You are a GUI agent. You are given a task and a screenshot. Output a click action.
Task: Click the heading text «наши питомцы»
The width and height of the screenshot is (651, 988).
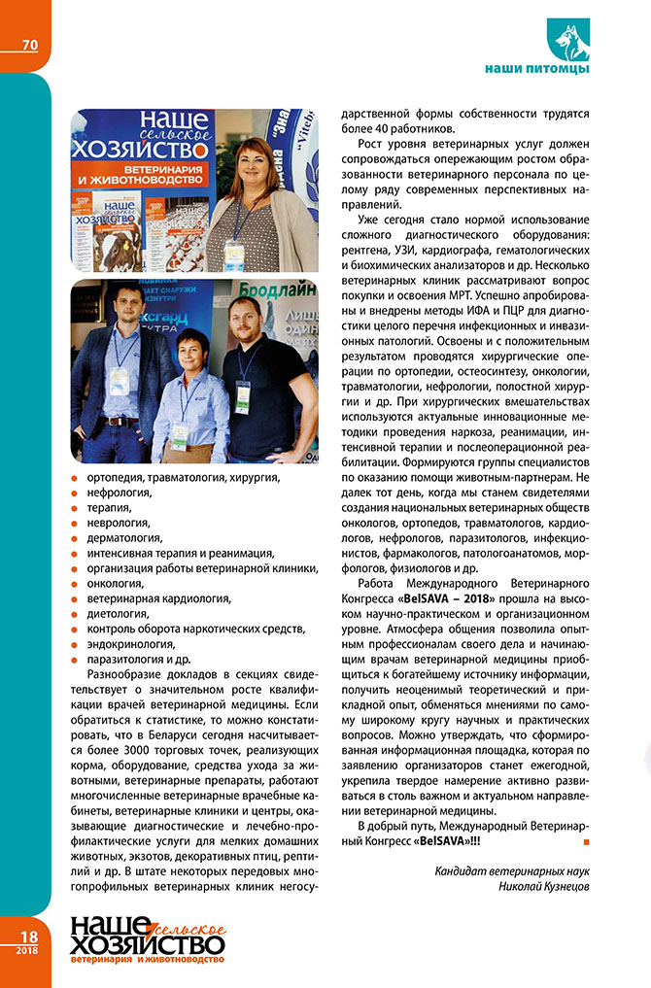pos(536,70)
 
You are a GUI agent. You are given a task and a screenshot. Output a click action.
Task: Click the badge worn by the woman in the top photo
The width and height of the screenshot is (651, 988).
pos(234,255)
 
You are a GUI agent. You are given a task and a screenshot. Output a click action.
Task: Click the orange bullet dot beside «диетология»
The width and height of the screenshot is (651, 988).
pos(77,615)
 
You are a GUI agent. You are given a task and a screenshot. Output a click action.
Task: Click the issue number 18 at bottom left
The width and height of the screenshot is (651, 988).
pos(26,935)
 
